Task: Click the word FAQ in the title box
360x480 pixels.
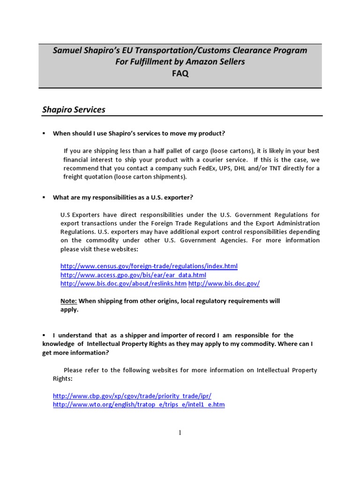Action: pyautogui.click(x=180, y=74)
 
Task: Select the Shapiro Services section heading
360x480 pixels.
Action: pyautogui.click(x=74, y=110)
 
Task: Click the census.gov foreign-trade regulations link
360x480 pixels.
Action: pyautogui.click(x=149, y=266)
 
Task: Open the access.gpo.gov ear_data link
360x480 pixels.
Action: pyautogui.click(x=133, y=275)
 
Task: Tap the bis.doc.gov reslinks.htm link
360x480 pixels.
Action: pyautogui.click(x=123, y=284)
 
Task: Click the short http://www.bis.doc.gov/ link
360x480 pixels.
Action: pyautogui.click(x=224, y=284)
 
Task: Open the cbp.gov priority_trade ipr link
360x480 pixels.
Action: pyautogui.click(x=135, y=396)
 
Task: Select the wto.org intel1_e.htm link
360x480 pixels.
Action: pyautogui.click(x=139, y=405)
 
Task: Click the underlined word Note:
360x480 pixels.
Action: pyautogui.click(x=68, y=301)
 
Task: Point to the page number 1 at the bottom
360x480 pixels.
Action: pyautogui.click(x=180, y=433)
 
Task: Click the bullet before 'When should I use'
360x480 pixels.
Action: pyautogui.click(x=44, y=133)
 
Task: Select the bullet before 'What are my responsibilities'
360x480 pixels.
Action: pyautogui.click(x=44, y=197)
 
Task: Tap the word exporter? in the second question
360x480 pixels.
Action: pyautogui.click(x=179, y=197)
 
